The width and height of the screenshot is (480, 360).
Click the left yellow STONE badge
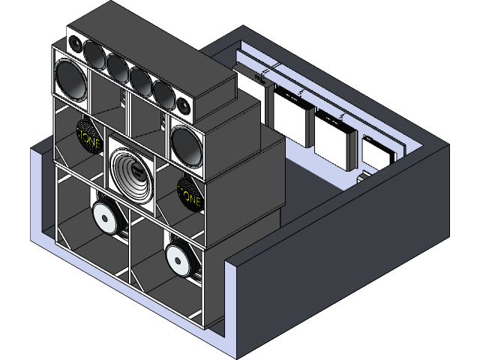click(88, 135)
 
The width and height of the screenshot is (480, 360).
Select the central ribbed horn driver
click(133, 174)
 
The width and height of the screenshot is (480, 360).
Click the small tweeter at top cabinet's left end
click(76, 44)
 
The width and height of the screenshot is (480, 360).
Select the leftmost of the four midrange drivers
click(95, 53)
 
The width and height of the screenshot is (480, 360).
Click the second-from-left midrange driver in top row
click(118, 66)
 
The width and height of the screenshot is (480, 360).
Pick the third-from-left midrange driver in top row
click(140, 79)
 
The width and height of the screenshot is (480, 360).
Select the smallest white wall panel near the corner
click(377, 154)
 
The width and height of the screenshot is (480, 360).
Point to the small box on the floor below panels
click(362, 178)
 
